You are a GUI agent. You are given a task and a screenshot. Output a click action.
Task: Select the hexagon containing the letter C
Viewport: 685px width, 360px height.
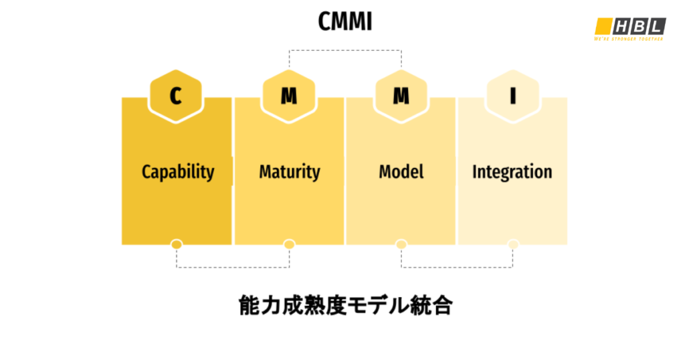click(176, 96)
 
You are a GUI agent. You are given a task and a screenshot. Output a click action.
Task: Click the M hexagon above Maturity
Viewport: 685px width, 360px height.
click(289, 96)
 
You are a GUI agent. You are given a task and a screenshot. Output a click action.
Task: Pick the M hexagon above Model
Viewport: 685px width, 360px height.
click(401, 96)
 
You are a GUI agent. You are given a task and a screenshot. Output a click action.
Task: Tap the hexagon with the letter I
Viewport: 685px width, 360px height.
click(513, 96)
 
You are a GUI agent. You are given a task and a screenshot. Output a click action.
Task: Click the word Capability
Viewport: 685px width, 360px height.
click(178, 172)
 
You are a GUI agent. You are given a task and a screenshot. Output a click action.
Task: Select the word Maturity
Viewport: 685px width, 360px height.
click(290, 172)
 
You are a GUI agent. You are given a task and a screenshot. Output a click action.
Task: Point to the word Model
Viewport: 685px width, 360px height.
click(401, 172)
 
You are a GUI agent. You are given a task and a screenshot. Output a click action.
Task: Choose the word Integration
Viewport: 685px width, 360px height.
click(512, 172)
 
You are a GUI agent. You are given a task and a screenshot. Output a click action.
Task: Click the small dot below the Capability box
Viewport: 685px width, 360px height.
click(177, 245)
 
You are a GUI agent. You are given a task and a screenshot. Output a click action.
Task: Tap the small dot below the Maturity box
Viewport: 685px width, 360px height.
click(289, 245)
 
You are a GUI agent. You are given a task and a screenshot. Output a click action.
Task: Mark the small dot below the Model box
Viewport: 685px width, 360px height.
click(401, 245)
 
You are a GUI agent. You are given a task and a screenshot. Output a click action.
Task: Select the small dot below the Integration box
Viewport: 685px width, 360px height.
click(513, 245)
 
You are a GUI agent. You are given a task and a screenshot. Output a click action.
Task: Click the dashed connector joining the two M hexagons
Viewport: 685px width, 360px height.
click(345, 50)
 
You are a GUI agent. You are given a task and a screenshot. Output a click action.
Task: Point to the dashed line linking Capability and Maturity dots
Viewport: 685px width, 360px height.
click(233, 267)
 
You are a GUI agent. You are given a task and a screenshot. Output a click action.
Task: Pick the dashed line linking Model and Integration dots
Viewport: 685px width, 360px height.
click(458, 267)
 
